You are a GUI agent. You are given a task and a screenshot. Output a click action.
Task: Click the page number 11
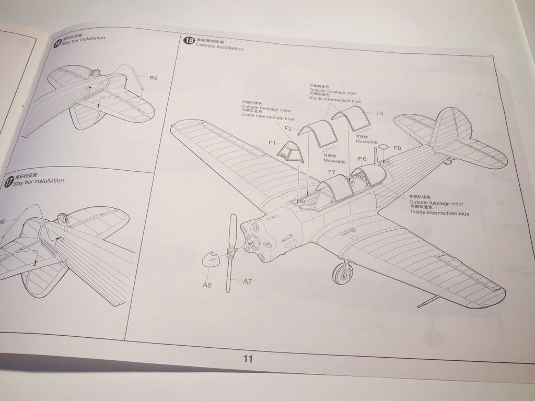coord(248,359)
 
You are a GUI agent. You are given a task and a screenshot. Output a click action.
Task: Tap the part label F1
coord(272,143)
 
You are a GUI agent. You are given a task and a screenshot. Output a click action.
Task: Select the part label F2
coord(288,128)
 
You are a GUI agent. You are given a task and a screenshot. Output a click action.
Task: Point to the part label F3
coord(380,113)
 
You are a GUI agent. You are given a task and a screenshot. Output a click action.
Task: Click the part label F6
coord(362,159)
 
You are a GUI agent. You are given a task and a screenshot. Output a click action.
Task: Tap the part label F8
coord(397,148)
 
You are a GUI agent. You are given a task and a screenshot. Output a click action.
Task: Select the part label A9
coord(207,285)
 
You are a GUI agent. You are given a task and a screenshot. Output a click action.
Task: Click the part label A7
coord(247,281)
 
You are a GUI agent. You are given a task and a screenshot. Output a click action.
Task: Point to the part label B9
coord(153,78)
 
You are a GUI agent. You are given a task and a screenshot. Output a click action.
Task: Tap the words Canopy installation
coord(219,49)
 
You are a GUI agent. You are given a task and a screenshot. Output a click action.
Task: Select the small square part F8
coord(382,148)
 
